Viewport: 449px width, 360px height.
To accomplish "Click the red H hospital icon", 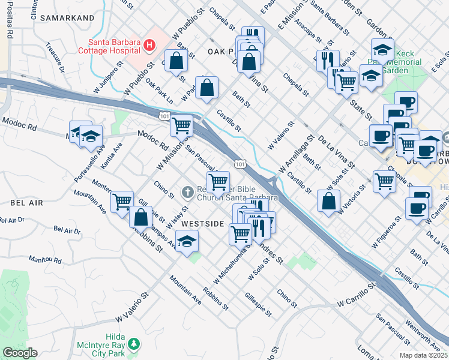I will point(148,45).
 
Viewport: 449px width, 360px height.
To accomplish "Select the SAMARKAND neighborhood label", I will point(67,18).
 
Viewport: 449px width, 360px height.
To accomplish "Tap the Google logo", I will point(20,353).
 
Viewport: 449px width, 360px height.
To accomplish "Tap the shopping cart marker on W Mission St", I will point(181,126).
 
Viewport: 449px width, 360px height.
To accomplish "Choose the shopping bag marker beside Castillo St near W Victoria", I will point(328,201).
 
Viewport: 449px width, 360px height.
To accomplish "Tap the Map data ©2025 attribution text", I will point(423,355).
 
